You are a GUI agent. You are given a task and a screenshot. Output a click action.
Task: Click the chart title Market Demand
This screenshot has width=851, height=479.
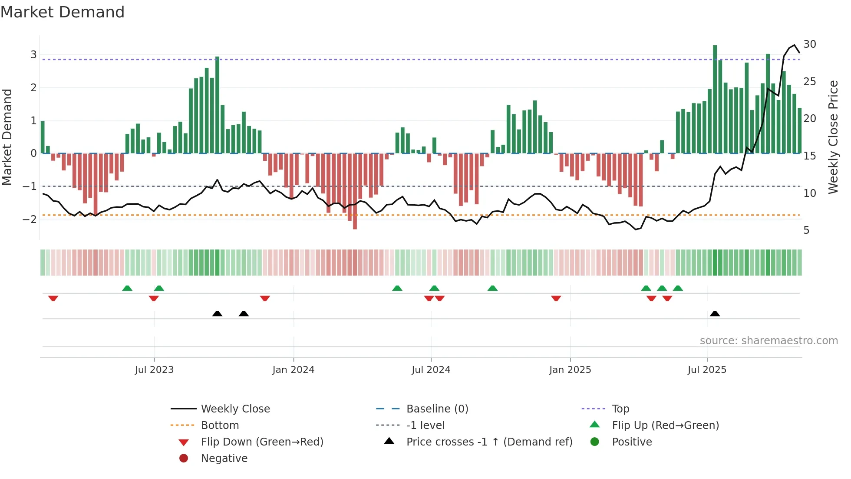63,12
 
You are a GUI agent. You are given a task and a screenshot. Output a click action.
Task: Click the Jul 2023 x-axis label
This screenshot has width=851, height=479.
154,370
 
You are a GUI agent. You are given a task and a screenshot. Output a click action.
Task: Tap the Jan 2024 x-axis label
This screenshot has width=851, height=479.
293,370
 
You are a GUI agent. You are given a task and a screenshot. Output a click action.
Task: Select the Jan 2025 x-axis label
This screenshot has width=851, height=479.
570,370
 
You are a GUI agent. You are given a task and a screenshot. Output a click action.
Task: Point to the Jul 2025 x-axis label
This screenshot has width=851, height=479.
707,370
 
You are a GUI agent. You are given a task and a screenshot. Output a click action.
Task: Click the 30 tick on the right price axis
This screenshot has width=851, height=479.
809,44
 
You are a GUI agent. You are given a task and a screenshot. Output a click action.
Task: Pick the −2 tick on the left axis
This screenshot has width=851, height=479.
30,219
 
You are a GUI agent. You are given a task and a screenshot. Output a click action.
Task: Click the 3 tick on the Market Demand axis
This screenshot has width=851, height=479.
33,55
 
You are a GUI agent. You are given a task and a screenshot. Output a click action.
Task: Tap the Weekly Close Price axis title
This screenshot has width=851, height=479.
833,137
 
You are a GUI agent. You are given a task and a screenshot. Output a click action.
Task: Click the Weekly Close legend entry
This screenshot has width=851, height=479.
235,409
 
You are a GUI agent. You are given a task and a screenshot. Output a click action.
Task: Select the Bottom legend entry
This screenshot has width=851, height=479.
220,426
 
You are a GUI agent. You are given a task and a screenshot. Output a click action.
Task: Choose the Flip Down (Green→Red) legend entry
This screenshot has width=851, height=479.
262,442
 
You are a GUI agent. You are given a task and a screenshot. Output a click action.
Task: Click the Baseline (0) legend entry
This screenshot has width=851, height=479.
437,409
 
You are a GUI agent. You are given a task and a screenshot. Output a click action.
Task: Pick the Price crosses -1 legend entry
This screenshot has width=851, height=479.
489,442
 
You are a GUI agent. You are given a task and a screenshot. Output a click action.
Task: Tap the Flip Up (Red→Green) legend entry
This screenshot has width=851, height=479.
665,426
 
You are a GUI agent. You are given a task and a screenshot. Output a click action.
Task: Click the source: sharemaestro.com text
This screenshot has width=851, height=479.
769,341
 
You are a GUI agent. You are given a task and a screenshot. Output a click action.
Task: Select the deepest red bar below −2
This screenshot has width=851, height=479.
355,191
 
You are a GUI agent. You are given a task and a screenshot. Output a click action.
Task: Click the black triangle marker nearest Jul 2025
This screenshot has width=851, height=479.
715,313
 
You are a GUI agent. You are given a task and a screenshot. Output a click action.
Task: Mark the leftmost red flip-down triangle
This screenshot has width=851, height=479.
53,298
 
